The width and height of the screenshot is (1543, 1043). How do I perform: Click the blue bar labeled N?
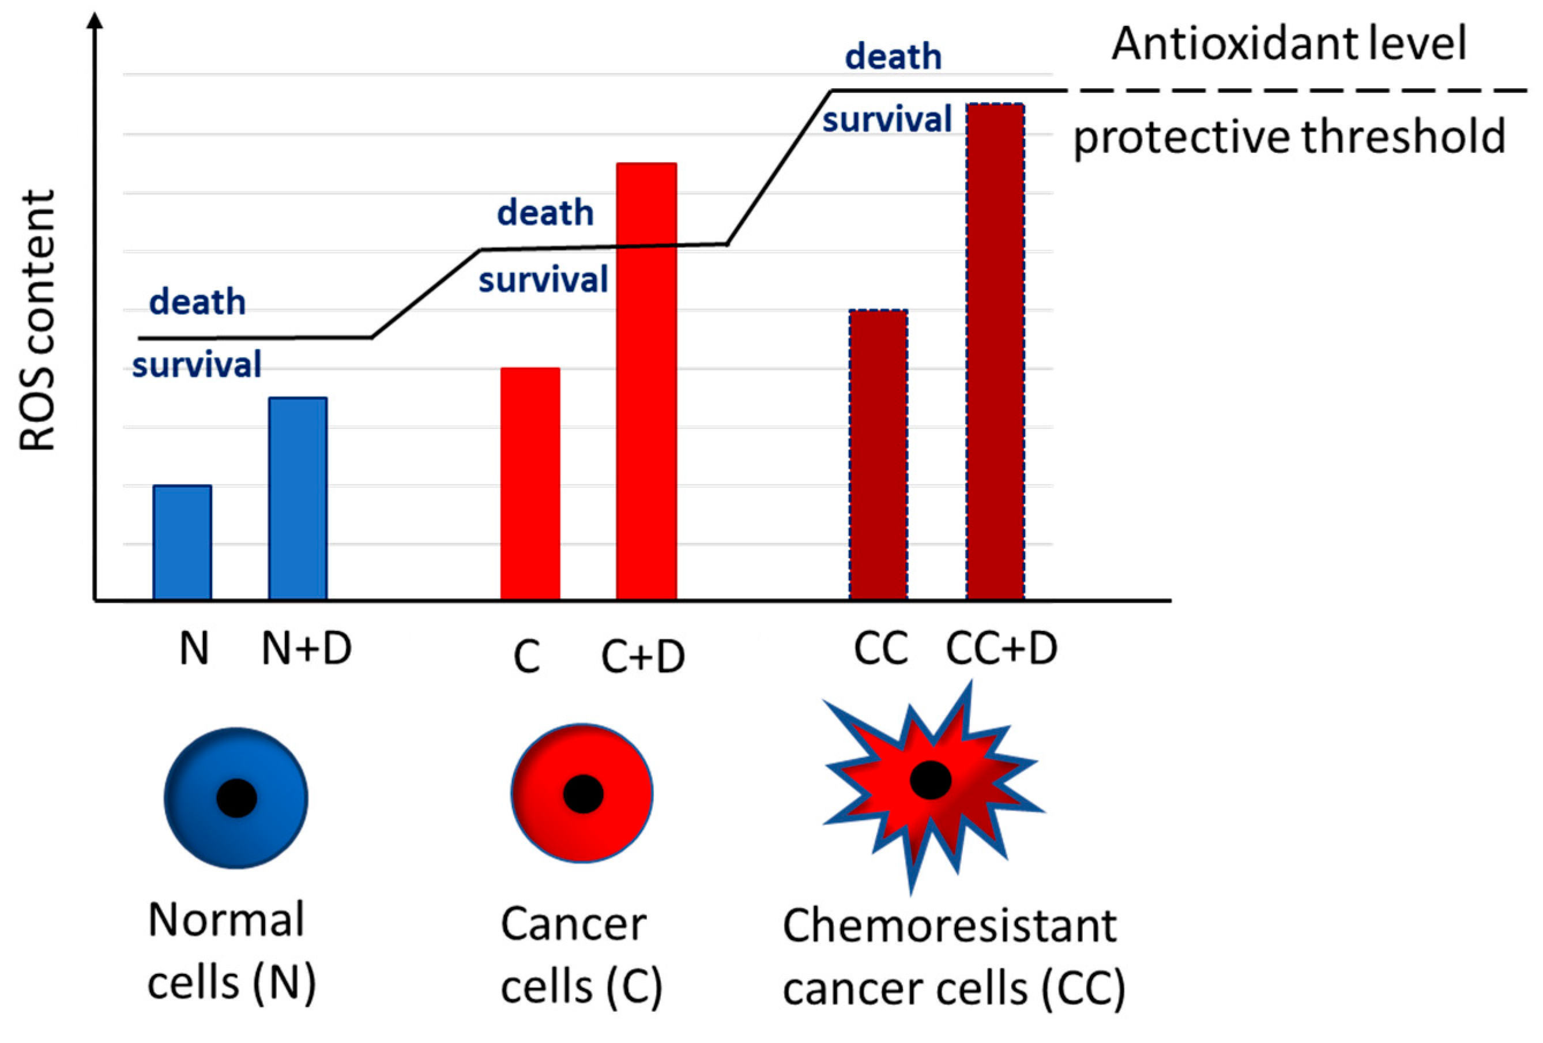click(182, 543)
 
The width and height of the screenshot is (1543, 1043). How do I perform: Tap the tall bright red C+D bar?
click(646, 382)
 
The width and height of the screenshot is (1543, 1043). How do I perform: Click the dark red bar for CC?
click(878, 455)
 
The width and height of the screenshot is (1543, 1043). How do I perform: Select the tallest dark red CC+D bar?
click(995, 352)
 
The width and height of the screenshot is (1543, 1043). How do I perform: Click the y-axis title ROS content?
click(37, 321)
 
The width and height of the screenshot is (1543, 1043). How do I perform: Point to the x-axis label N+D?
click(306, 649)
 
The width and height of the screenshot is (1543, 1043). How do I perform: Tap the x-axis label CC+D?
click(1001, 649)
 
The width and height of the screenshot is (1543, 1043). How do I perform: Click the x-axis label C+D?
click(643, 657)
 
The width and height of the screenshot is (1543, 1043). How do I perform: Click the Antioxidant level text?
click(1289, 44)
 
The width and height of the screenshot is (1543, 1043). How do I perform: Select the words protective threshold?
click(1289, 137)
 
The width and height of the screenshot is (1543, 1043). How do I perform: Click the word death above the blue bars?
click(197, 302)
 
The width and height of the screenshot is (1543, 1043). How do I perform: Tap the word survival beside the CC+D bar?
click(887, 120)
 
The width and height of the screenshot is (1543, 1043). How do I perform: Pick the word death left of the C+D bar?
click(545, 213)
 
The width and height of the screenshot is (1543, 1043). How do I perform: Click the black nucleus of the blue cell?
click(236, 797)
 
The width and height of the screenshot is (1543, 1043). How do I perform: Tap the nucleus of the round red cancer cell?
click(583, 793)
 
